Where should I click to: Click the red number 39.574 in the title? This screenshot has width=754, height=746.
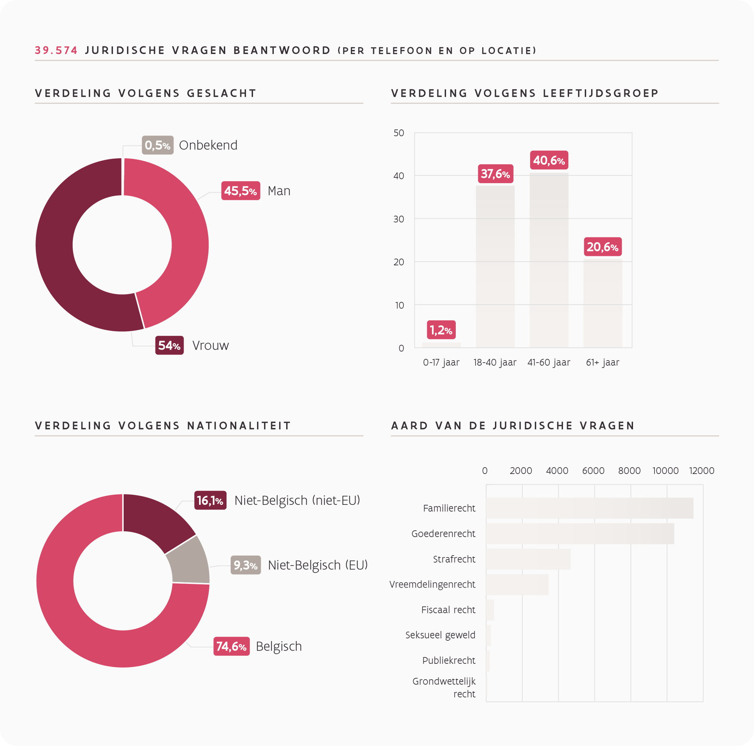[56, 51]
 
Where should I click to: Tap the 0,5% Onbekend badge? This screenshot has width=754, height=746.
[158, 145]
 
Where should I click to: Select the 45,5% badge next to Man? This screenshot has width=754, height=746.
[241, 191]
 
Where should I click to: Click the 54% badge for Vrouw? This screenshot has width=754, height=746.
[169, 345]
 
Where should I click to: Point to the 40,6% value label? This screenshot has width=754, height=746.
[549, 160]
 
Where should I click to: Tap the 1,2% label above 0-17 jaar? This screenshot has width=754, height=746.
[441, 330]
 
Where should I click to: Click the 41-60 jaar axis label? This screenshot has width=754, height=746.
[549, 363]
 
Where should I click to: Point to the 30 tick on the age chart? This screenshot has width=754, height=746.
[398, 219]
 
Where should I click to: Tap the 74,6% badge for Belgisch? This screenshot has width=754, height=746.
[231, 646]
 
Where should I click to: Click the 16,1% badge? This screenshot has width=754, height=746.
[210, 500]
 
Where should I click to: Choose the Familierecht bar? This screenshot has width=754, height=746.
[589, 508]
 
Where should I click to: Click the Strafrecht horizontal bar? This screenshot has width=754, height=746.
[528, 559]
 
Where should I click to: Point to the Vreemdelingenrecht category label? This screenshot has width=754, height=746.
[432, 584]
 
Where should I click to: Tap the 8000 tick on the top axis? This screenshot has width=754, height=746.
[629, 471]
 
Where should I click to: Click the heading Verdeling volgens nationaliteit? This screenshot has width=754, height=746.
[163, 425]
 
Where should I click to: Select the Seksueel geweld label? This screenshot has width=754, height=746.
[440, 635]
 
